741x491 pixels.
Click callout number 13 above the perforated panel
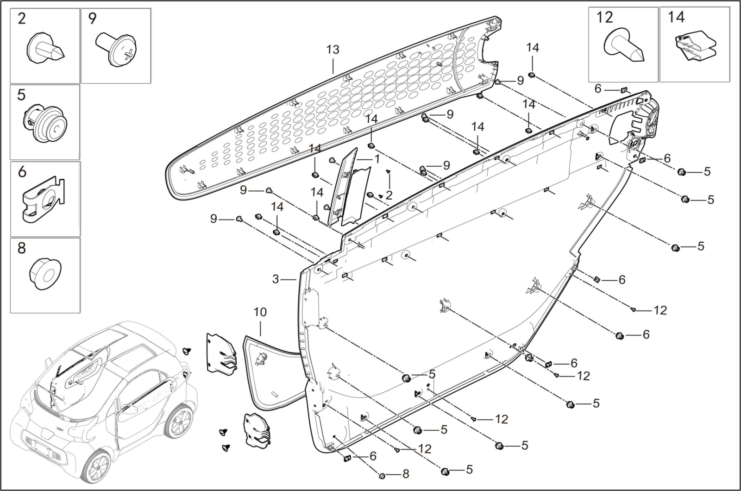pyautogui.click(x=333, y=50)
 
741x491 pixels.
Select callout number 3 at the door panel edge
pyautogui.click(x=276, y=279)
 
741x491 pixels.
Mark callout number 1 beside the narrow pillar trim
pyautogui.click(x=377, y=159)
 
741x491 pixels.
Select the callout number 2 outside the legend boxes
pyautogui.click(x=389, y=195)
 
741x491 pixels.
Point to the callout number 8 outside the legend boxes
pyautogui.click(x=406, y=474)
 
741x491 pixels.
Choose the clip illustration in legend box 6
pyautogui.click(x=43, y=201)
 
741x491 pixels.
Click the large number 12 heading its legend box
pyautogui.click(x=604, y=18)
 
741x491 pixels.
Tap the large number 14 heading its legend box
pyautogui.click(x=676, y=18)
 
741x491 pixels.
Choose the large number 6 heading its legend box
pyautogui.click(x=22, y=171)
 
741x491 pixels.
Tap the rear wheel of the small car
pyautogui.click(x=179, y=422)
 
